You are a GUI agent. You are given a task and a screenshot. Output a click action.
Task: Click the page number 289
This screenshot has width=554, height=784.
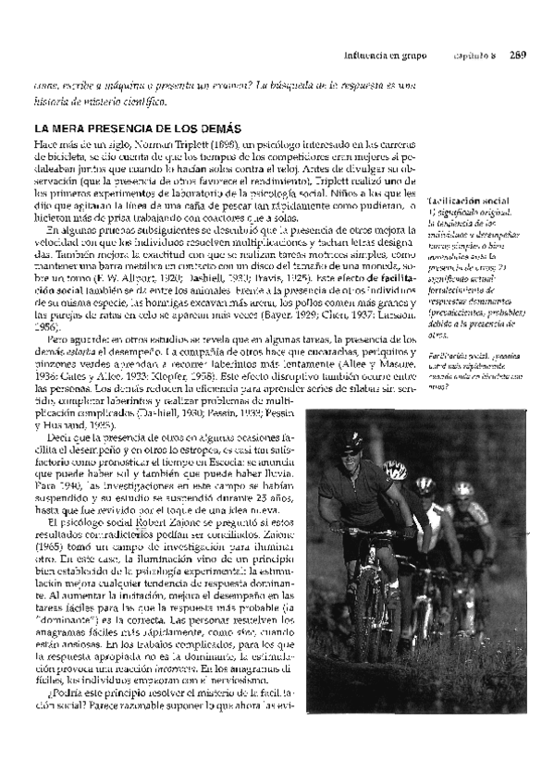click(517, 55)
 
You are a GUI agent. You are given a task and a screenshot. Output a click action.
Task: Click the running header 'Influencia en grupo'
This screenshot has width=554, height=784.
click(385, 55)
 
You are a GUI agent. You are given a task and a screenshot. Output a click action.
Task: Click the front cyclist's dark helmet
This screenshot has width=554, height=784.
click(352, 441)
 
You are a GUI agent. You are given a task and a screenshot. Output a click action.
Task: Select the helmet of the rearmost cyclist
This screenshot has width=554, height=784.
click(463, 487)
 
